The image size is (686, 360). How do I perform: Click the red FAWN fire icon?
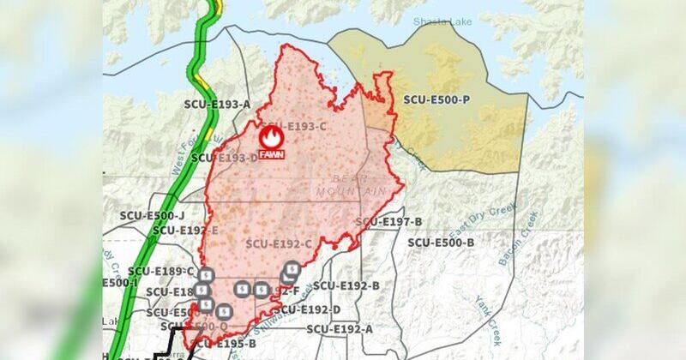tap(271, 140)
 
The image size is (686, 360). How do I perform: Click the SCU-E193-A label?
tap(217, 105)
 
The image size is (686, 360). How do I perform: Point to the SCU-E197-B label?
tap(389, 222)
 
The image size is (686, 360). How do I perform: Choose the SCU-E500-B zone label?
tap(441, 243)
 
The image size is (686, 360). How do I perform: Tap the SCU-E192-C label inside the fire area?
tap(279, 243)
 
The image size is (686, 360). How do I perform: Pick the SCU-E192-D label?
tap(306, 309)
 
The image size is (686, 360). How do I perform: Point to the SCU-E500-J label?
tap(153, 215)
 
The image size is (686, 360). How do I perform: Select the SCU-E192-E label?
tap(185, 231)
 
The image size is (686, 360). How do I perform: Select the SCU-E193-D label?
tap(225, 158)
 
